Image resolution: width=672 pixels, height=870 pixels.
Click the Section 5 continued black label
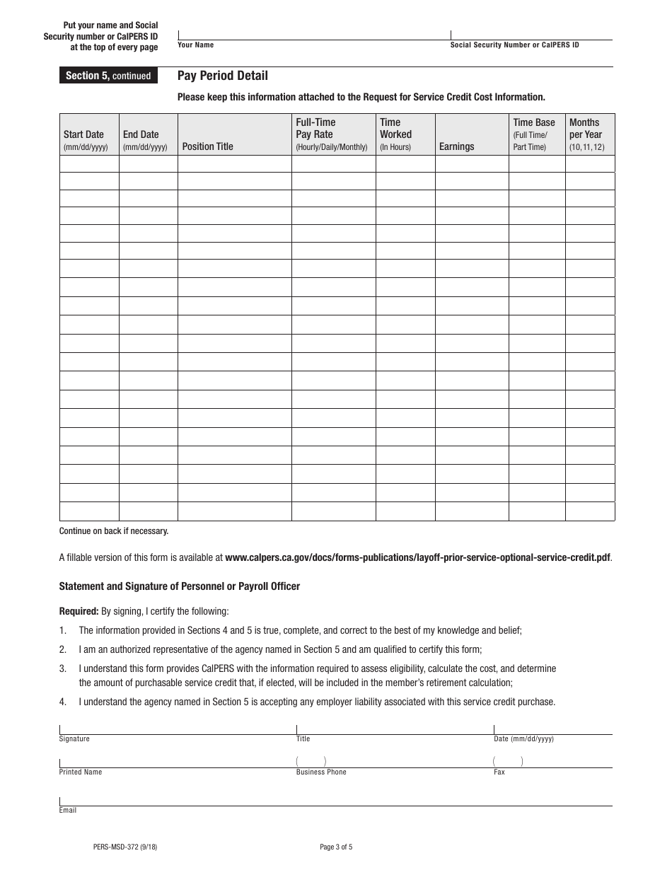[x=108, y=76]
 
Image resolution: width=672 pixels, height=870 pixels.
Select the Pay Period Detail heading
[x=222, y=76]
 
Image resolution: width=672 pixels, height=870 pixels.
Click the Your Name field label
[x=195, y=45]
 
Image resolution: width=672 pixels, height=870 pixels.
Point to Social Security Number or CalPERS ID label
[x=514, y=45]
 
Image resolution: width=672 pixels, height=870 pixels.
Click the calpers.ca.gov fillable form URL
[x=417, y=557]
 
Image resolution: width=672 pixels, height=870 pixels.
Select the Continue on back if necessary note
[x=114, y=530]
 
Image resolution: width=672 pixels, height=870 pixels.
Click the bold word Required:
[x=79, y=611]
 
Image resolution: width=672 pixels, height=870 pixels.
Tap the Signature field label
[x=74, y=739]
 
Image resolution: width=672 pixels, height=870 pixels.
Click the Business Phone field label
[x=321, y=772]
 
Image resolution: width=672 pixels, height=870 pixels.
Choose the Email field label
[x=68, y=811]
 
